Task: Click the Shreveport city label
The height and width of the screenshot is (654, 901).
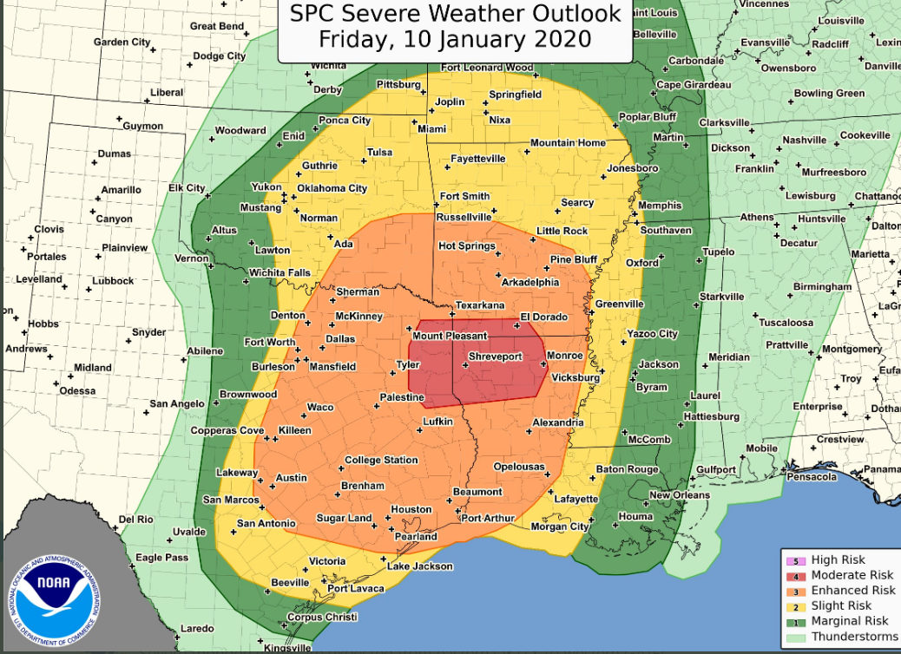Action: click(x=495, y=356)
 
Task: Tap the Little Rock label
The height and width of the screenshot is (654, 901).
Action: click(x=562, y=231)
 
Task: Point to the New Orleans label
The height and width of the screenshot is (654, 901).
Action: click(x=680, y=495)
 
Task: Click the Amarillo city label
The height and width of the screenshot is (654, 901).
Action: click(x=121, y=190)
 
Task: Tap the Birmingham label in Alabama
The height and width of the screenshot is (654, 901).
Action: click(x=822, y=287)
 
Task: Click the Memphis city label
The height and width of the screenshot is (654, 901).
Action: click(x=660, y=206)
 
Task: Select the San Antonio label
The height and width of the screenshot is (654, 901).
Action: click(x=266, y=523)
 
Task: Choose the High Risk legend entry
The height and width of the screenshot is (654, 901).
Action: click(x=838, y=559)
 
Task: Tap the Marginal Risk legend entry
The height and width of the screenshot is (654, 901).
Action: click(x=849, y=620)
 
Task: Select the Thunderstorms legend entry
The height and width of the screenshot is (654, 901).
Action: click(x=854, y=636)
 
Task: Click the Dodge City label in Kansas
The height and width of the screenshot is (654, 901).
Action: click(x=219, y=56)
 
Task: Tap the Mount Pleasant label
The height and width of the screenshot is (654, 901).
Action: click(x=450, y=336)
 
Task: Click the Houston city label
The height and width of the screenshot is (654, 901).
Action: click(x=411, y=509)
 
